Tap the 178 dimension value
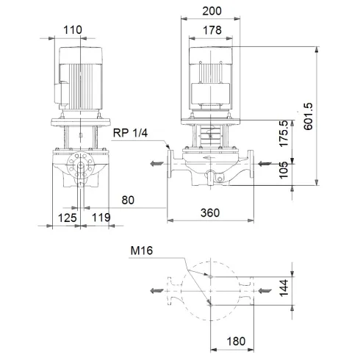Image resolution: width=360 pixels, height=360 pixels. (211, 30)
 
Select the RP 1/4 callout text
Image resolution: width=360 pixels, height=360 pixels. (131, 132)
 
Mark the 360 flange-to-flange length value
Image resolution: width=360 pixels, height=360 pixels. (211, 212)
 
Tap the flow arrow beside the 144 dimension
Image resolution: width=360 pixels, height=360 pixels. (263, 291)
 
